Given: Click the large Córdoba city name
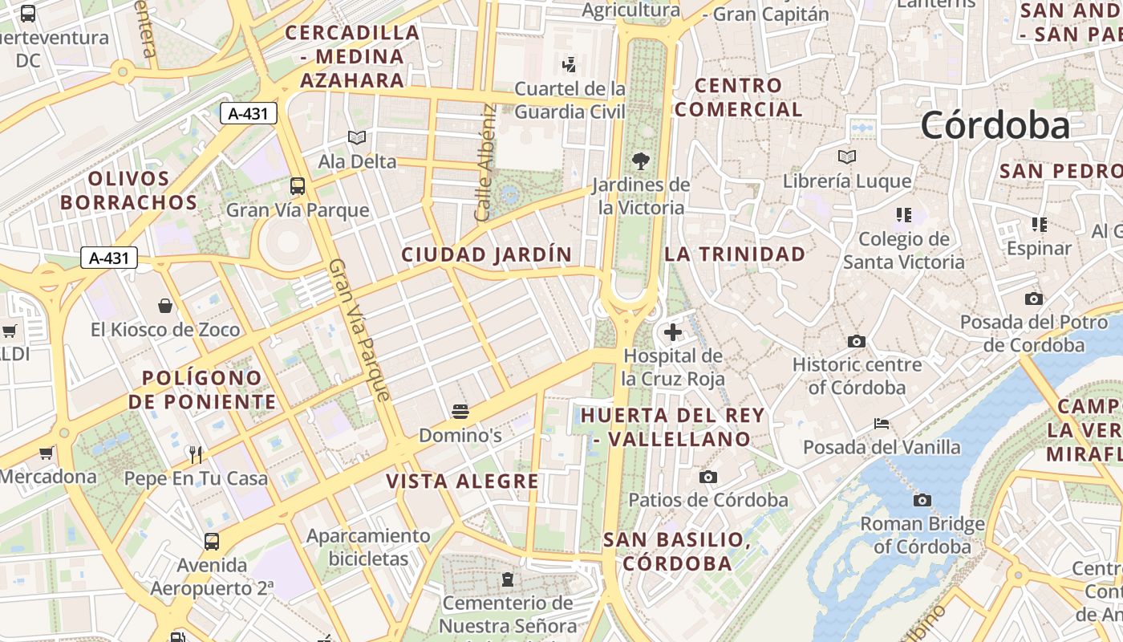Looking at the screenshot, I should (x=995, y=125).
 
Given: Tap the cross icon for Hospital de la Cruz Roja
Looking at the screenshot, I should (x=672, y=331).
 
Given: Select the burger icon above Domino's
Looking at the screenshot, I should (x=460, y=412).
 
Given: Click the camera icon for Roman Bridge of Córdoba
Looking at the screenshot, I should (x=922, y=501).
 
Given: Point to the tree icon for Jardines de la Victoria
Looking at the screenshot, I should (x=640, y=161).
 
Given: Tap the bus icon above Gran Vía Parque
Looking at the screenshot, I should (x=298, y=186).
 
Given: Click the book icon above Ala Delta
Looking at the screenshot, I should (x=357, y=138).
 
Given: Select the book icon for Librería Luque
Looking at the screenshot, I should (x=847, y=157).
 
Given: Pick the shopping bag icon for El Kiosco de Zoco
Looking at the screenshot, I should (x=165, y=306).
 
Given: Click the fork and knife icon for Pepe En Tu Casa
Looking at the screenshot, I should (x=195, y=455).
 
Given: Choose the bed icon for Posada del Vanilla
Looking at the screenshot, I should (x=882, y=424).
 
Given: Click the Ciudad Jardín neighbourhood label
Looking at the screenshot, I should (x=487, y=255).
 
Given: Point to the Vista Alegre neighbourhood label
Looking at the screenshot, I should (x=463, y=481).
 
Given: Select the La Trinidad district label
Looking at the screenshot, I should (x=735, y=254).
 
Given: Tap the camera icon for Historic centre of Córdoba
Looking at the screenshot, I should (x=857, y=341).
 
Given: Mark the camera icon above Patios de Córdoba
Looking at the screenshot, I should (x=707, y=477).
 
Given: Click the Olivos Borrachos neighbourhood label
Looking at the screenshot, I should (x=128, y=190).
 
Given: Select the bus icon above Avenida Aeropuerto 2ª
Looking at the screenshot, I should (x=212, y=542).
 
